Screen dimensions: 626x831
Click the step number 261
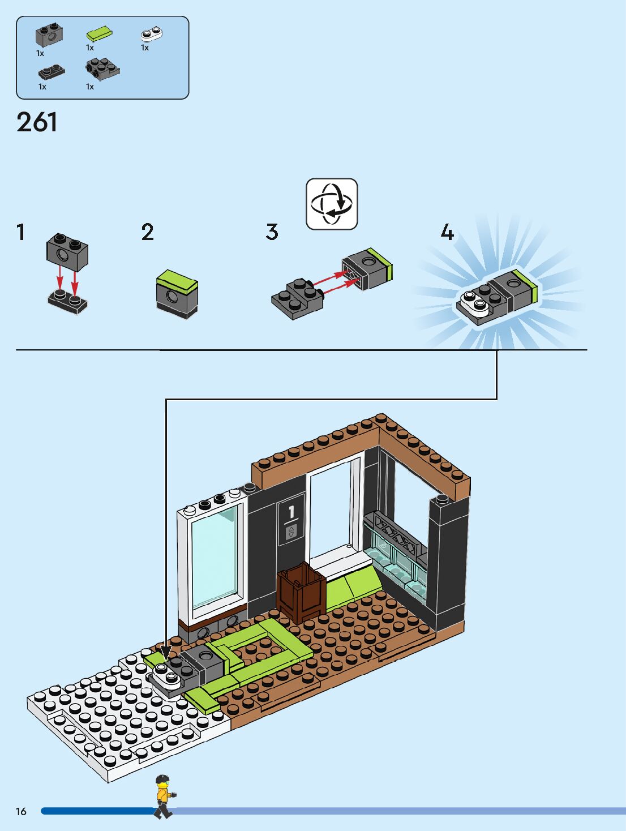point(37,122)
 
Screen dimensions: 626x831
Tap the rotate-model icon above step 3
point(332,204)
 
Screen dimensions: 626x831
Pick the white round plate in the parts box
point(151,35)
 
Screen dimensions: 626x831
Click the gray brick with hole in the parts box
point(49,36)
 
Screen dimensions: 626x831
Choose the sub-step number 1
point(21,232)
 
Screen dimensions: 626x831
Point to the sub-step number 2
point(147,232)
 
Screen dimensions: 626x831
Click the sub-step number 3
point(272,232)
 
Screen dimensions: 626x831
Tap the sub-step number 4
point(447,232)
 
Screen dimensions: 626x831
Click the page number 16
point(21,812)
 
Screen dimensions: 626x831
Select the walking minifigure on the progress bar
point(164,795)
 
